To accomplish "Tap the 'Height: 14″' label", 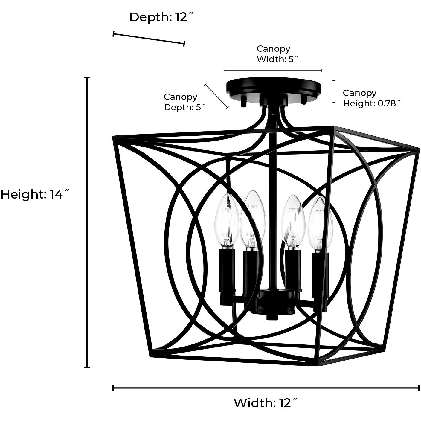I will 35,195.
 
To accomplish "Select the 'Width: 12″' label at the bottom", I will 266,403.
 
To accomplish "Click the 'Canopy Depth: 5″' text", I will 184,102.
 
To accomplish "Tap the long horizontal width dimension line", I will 266,388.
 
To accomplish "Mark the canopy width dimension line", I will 273,71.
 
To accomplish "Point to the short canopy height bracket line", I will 334,91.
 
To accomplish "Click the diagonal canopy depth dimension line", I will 216,96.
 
